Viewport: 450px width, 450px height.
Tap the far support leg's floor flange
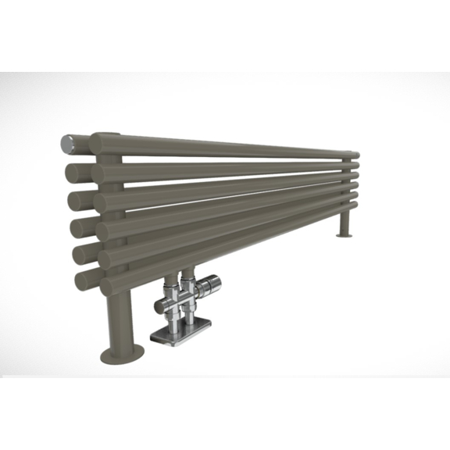click(345, 234)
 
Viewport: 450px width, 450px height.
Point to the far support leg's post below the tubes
click(345, 222)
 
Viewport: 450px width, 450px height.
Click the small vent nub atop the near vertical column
click(112, 134)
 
